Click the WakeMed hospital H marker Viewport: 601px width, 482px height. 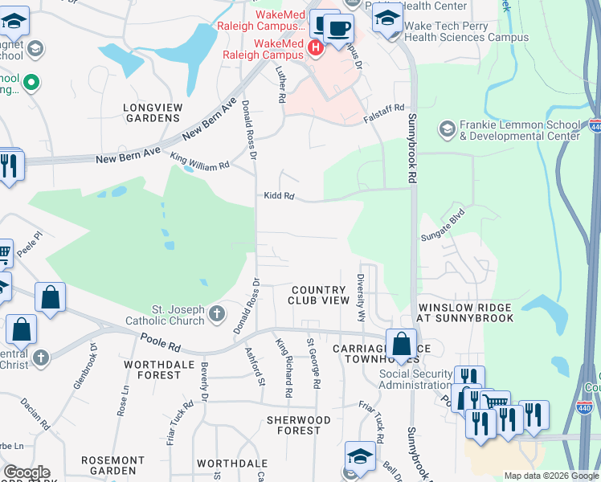[315, 49]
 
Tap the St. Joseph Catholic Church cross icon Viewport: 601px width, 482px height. [216, 314]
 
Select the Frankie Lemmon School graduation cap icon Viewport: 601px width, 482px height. [447, 129]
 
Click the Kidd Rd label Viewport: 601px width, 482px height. [279, 196]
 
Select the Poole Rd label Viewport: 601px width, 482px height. [160, 344]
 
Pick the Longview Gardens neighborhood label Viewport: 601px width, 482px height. [152, 112]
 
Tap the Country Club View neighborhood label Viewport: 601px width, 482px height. [321, 295]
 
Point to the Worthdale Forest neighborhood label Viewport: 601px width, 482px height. [159, 370]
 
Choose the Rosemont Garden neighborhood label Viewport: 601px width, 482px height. [112, 465]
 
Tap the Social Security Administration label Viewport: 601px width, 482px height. [405, 379]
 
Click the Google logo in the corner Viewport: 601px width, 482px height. [26, 472]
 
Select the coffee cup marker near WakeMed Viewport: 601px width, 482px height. [338, 29]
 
